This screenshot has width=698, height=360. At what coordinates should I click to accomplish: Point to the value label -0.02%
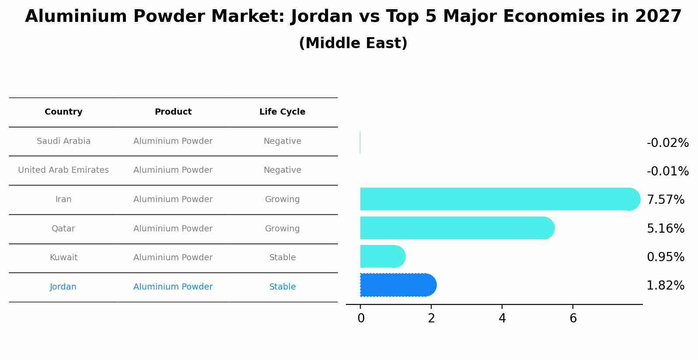point(667,143)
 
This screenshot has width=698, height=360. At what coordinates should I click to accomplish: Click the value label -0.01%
point(667,171)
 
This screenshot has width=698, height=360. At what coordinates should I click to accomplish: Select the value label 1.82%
point(665,286)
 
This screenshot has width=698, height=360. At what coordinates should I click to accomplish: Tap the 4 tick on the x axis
point(502,318)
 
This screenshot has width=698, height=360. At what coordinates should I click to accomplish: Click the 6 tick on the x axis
point(573,318)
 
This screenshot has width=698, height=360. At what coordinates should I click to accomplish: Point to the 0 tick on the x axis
point(361,318)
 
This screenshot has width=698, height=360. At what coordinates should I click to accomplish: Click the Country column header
point(63,112)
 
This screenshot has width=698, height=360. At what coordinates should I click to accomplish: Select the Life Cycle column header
point(282,112)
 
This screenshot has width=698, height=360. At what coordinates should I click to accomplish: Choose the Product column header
point(173,112)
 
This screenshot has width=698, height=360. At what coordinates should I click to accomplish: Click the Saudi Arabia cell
point(63,141)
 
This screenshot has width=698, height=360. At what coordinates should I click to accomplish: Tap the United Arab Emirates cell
point(63,170)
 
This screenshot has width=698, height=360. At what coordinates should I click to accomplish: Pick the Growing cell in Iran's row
point(282,199)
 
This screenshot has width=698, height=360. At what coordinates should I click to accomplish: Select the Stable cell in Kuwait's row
point(283,258)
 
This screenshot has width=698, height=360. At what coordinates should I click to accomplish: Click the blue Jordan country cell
point(63,287)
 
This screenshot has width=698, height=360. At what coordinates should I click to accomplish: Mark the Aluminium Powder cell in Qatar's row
point(173,229)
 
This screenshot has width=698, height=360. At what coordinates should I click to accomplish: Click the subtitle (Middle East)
point(353,43)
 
